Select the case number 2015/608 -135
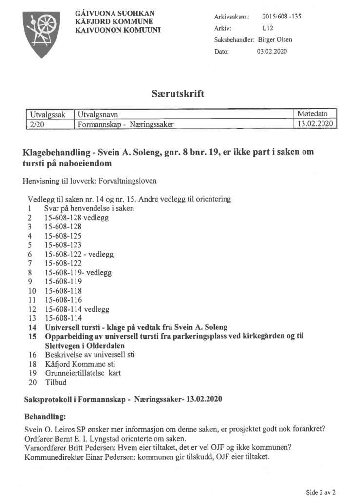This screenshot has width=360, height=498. click(x=282, y=16)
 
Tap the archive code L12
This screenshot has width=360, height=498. click(x=267, y=28)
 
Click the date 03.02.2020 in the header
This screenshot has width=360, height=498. click(x=272, y=52)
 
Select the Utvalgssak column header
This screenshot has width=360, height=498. click(x=48, y=114)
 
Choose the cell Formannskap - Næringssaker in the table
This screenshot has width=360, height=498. click(x=126, y=124)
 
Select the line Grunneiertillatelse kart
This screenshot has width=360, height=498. click(x=83, y=373)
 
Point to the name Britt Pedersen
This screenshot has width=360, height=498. click(x=92, y=448)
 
